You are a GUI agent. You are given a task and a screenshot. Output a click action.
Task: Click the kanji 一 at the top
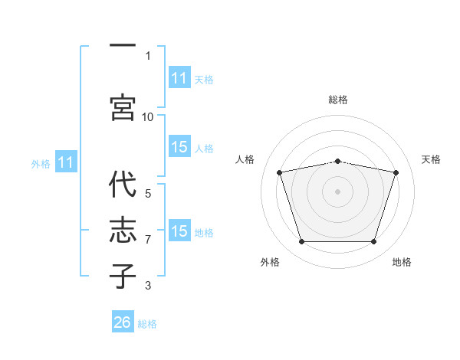(x=123, y=45)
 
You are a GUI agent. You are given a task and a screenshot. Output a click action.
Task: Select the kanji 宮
(x=123, y=107)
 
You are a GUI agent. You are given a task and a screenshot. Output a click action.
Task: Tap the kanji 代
(x=123, y=184)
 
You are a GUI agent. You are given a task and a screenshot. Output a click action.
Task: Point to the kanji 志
(x=123, y=230)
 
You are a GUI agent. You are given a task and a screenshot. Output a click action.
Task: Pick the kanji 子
(x=123, y=276)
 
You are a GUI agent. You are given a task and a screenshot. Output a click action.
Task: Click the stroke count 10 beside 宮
(x=147, y=117)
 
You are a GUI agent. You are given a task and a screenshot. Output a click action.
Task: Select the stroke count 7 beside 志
(x=148, y=240)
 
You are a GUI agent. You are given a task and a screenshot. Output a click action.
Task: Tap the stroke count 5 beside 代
(x=148, y=194)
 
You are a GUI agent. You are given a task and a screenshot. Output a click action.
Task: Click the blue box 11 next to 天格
(x=179, y=77)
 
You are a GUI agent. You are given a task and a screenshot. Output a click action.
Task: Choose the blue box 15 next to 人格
(x=179, y=146)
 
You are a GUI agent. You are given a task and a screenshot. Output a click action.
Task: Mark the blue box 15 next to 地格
(x=179, y=230)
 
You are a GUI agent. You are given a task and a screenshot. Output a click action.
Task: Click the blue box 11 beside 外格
(x=66, y=162)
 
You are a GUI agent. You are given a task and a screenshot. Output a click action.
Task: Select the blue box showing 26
(x=123, y=321)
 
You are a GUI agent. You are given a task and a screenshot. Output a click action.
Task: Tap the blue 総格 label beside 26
(x=147, y=324)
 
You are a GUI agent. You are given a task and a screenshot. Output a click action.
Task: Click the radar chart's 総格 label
(x=338, y=100)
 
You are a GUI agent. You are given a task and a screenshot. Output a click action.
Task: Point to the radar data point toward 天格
(x=396, y=172)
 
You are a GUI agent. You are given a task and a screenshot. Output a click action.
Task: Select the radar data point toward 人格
(x=280, y=172)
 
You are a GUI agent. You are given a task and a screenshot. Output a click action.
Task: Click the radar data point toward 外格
(x=302, y=241)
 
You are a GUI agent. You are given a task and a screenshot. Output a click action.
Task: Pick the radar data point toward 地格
(x=373, y=241)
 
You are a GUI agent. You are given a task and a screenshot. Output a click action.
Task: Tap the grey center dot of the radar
(x=337, y=191)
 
